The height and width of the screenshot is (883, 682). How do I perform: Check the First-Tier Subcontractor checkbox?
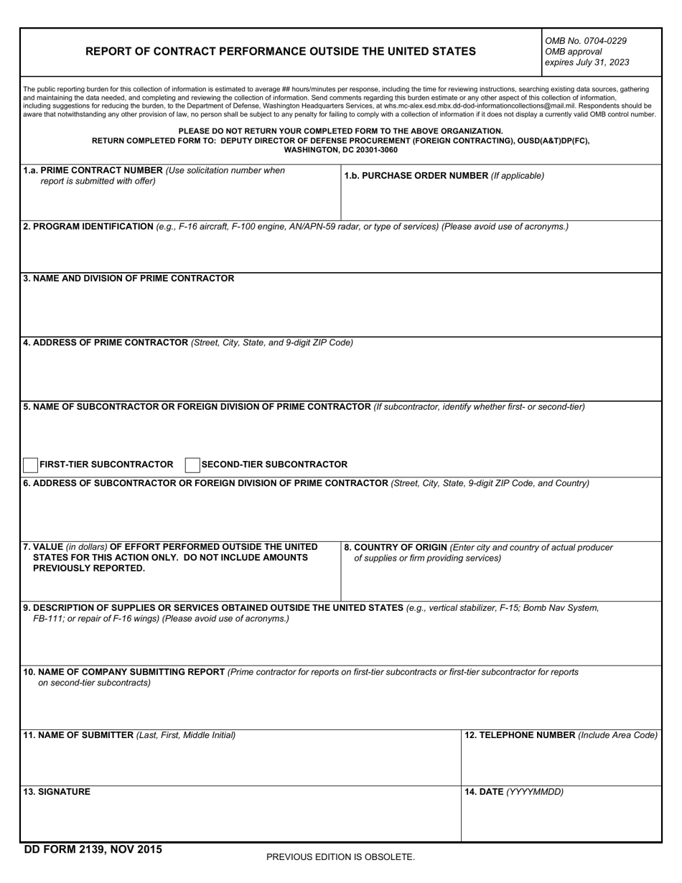point(31,465)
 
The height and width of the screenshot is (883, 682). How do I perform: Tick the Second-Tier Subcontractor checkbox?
point(192,465)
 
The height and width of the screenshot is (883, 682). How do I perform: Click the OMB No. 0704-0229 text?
point(586,41)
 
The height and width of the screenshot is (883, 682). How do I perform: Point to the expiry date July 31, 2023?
point(587,62)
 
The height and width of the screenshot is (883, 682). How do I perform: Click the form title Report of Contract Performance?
point(280,52)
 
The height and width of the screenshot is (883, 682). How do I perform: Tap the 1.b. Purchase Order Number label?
point(416,176)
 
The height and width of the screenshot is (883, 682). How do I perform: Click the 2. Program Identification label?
point(88,227)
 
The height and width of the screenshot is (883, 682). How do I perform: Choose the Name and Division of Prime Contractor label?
point(129,279)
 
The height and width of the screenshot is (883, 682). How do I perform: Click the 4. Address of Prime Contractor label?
point(106,342)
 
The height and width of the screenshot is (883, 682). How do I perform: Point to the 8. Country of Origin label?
point(396,548)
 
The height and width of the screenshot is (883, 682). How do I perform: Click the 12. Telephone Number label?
point(520,735)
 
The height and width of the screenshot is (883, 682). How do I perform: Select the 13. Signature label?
point(57,792)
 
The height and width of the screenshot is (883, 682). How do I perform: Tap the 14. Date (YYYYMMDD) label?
point(514,792)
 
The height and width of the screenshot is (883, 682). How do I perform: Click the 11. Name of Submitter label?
point(79,735)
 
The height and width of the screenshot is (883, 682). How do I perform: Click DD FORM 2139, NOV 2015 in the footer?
point(93,850)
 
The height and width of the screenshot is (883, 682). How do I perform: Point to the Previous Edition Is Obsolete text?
point(340,857)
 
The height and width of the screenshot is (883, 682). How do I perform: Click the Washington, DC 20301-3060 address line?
point(340,150)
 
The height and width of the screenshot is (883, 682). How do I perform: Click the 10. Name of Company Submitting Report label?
point(124,673)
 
